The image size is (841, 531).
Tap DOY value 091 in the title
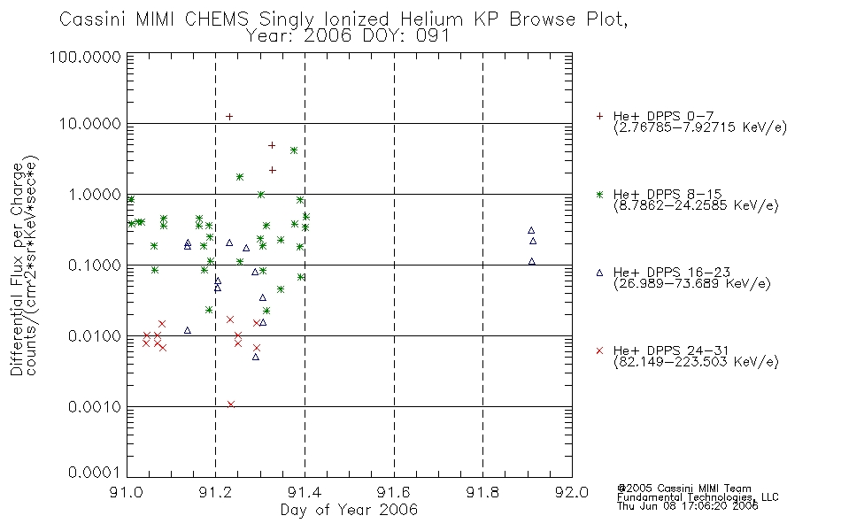tap(431, 36)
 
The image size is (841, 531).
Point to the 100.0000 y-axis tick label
tap(85, 57)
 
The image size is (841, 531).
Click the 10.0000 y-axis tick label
tap(90, 124)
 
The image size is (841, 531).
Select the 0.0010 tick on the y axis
tap(95, 407)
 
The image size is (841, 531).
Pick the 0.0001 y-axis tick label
tap(95, 473)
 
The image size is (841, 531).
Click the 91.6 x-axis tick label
tap(394, 492)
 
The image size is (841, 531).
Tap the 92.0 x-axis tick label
tap(572, 492)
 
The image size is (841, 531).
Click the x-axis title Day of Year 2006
tap(349, 510)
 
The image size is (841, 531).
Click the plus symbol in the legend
tap(599, 116)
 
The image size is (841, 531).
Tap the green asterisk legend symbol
tap(599, 194)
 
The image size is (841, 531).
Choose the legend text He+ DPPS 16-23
tap(672, 273)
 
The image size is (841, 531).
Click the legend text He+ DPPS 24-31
tap(672, 350)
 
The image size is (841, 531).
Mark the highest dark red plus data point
tap(229, 117)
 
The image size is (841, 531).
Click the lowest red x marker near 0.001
tap(231, 404)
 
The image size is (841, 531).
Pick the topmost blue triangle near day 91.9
tap(531, 230)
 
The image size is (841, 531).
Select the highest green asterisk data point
tap(293, 150)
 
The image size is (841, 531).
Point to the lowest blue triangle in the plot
tap(256, 357)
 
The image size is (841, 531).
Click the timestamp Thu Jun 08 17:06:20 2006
tap(688, 506)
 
